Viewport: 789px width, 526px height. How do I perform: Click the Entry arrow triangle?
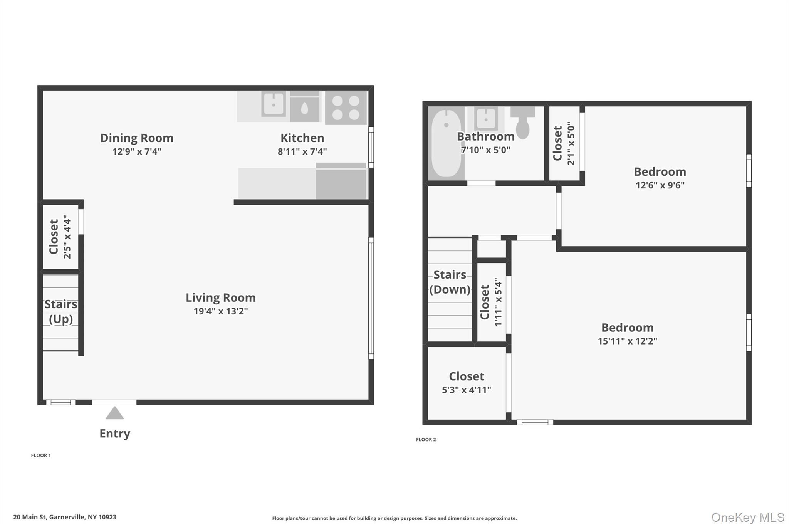[x=114, y=413]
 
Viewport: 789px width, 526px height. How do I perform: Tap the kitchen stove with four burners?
[x=346, y=108]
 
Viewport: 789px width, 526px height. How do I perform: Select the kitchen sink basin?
[x=274, y=104]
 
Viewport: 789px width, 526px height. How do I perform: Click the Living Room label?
[x=220, y=297]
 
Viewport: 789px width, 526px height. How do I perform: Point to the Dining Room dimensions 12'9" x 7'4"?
[x=136, y=151]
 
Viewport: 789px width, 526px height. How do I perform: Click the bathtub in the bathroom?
[x=446, y=143]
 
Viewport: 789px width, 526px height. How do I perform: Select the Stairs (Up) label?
[x=60, y=311]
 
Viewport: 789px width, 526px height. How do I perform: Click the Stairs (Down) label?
[x=450, y=282]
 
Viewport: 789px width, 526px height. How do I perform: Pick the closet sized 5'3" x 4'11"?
[x=466, y=382]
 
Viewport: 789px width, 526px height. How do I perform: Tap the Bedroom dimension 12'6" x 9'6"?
[x=660, y=185]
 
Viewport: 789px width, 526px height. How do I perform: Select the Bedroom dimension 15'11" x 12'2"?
[x=627, y=341]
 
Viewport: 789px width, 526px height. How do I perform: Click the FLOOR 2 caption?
[x=426, y=439]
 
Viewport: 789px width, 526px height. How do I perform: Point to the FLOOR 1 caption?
[x=41, y=455]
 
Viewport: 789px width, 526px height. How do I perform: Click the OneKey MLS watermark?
[x=747, y=517]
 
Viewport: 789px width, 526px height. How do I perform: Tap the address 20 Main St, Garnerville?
[x=65, y=517]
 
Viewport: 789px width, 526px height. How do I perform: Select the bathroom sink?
[x=485, y=119]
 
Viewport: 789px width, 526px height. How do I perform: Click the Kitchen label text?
[x=302, y=138]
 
